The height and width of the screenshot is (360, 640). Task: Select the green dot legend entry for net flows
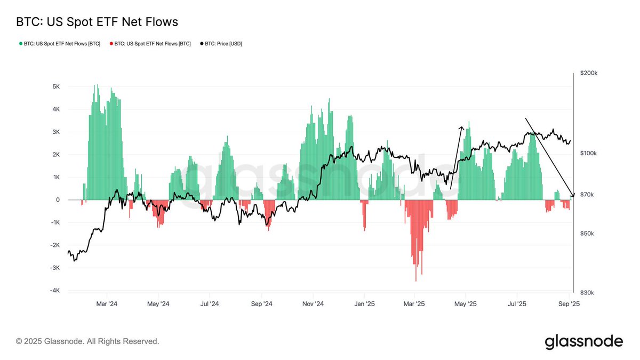59,44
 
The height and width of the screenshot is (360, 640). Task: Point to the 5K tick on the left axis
55,86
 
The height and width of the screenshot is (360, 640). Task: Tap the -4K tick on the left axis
54,291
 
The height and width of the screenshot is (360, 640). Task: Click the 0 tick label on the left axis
58,200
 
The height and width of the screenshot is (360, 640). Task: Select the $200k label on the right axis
588,74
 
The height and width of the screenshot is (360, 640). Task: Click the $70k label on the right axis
587,195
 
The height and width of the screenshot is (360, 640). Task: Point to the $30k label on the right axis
587,293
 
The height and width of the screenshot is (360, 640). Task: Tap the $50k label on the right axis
587,234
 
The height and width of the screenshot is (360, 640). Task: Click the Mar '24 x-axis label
107,304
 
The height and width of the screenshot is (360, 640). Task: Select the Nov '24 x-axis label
313,304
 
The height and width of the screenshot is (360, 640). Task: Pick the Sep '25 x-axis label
569,304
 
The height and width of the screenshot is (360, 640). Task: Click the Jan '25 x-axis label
364,304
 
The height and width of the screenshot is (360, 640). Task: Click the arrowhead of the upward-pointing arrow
462,127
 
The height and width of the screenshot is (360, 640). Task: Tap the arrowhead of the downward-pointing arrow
573,195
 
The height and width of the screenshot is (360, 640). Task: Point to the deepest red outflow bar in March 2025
415,280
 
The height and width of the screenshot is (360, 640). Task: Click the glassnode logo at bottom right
583,341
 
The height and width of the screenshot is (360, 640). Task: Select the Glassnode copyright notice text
87,341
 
